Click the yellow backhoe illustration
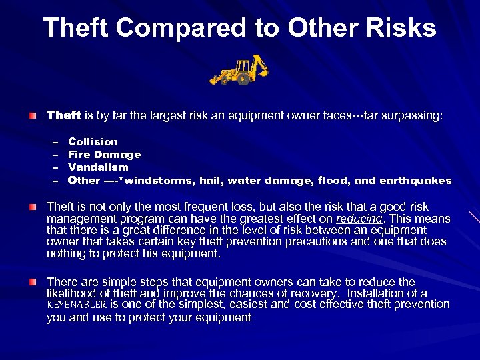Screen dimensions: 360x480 tap(239, 69)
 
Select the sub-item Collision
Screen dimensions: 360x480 tap(93, 141)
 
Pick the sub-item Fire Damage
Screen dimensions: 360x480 tap(104, 154)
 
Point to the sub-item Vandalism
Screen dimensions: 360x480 tap(98, 167)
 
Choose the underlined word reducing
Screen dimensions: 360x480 tap(359, 219)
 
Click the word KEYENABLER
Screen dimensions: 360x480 tap(77, 305)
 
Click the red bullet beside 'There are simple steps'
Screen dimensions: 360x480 tap(33, 282)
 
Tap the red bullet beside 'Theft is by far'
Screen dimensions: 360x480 tap(33, 116)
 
